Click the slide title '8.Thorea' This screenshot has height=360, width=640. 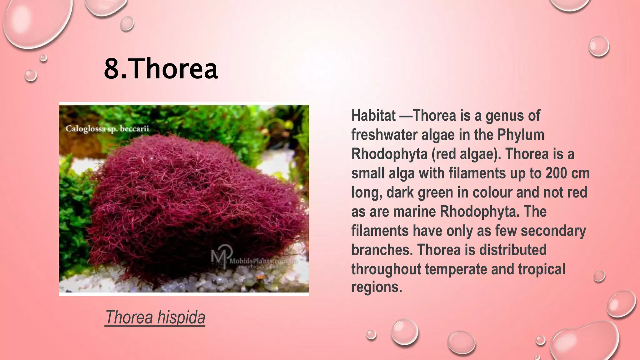[x=161, y=68]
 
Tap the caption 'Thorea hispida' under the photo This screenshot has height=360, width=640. [x=155, y=317]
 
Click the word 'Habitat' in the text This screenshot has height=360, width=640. [x=373, y=116]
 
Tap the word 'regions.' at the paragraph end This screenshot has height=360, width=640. [x=377, y=287]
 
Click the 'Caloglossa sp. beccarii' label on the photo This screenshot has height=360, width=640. [x=107, y=129]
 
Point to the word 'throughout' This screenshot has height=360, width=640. [x=386, y=269]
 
